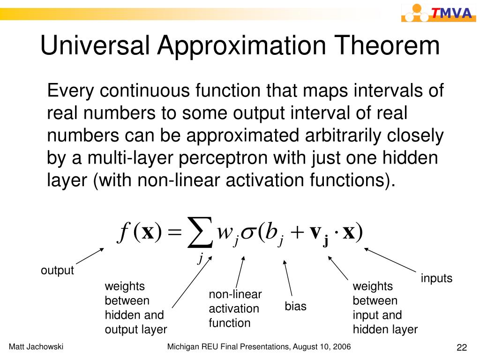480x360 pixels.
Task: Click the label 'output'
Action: [x=57, y=270]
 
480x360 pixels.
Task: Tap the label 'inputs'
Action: [x=436, y=278]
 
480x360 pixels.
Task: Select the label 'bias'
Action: [x=295, y=306]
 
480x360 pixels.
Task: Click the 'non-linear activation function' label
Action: [x=235, y=308]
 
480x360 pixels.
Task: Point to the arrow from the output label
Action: [x=90, y=256]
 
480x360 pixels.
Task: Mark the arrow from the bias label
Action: [x=287, y=278]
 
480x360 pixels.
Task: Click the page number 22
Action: [x=462, y=347]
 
